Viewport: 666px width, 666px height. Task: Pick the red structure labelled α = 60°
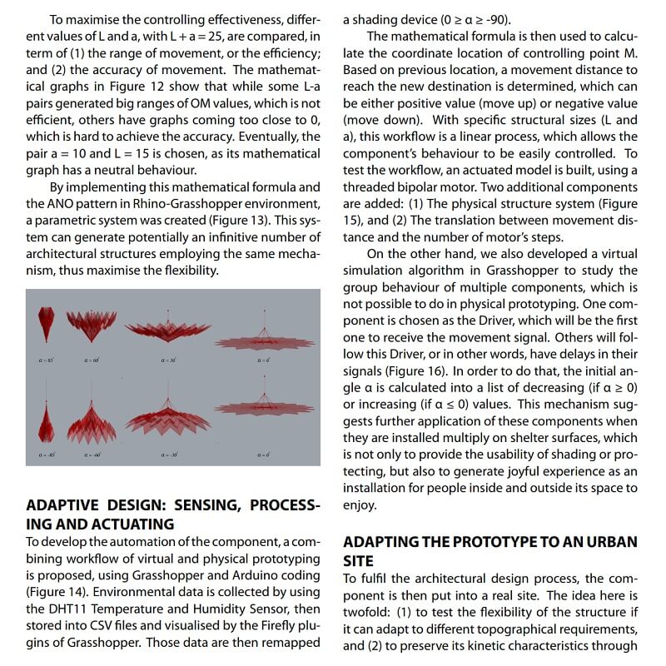92,322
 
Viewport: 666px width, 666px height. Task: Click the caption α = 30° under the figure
169,360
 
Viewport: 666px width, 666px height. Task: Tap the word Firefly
268,625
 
